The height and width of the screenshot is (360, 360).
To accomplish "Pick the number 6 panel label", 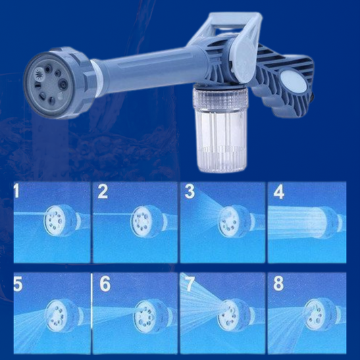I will tap(105, 284).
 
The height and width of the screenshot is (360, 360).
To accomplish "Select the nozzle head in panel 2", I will tap(144, 221).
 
